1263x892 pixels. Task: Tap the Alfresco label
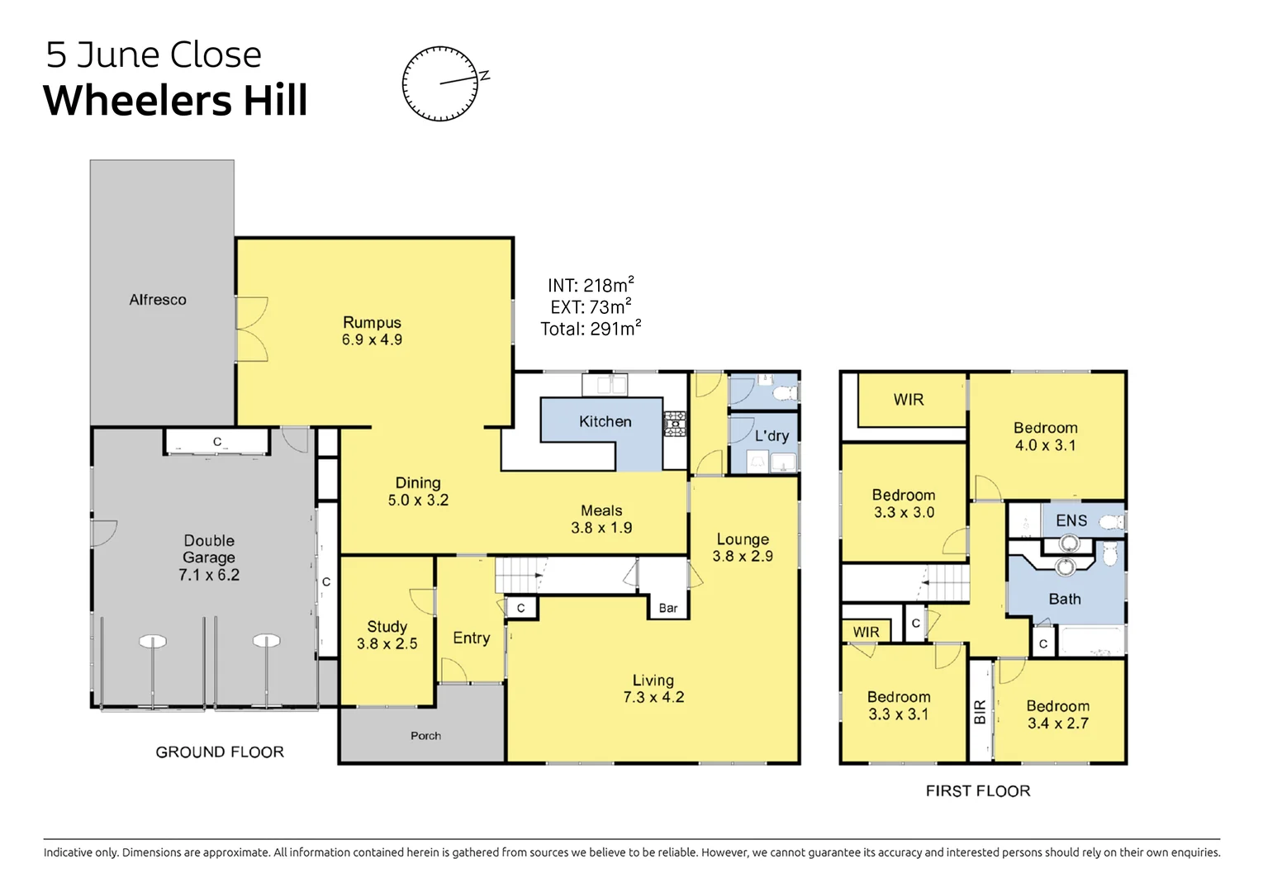(158, 300)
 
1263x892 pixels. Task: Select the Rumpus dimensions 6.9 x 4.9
(372, 339)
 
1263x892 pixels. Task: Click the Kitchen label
(605, 421)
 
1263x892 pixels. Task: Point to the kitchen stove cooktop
(675, 424)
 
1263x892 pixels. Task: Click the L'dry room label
(772, 435)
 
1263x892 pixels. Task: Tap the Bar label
(667, 608)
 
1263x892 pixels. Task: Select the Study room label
(387, 627)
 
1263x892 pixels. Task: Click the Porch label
(425, 735)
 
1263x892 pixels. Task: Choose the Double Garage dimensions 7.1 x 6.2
(209, 575)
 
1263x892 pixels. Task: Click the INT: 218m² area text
(590, 285)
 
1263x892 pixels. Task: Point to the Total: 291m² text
(590, 329)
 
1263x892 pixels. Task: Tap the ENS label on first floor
(1071, 520)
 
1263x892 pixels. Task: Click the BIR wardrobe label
(980, 711)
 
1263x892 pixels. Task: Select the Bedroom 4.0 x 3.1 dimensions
(1045, 445)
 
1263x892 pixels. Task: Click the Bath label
(1064, 599)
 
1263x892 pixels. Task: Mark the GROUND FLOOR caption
(220, 752)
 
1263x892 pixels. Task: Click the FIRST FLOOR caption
(977, 790)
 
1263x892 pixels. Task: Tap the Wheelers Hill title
(175, 101)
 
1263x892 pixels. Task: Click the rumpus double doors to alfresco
(251, 330)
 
